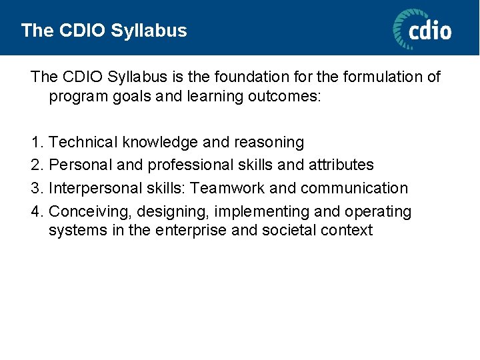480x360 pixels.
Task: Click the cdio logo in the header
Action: (x=422, y=30)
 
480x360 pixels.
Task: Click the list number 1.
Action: (x=37, y=143)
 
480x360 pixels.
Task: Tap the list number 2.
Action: (x=37, y=165)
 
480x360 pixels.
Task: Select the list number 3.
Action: (x=37, y=189)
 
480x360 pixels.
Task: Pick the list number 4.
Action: (x=37, y=212)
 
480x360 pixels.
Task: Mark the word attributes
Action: (x=341, y=165)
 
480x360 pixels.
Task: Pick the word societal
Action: (x=286, y=231)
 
